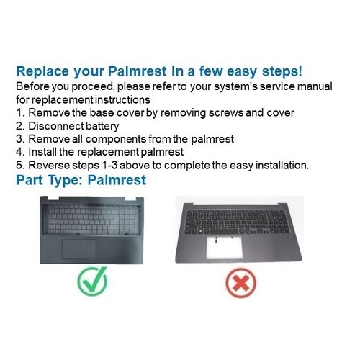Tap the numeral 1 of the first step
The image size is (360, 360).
click(19, 113)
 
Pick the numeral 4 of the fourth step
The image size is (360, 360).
click(19, 152)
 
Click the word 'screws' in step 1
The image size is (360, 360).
click(208, 113)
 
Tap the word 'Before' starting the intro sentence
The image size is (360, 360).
click(33, 86)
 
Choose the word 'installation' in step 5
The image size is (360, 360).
click(279, 165)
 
